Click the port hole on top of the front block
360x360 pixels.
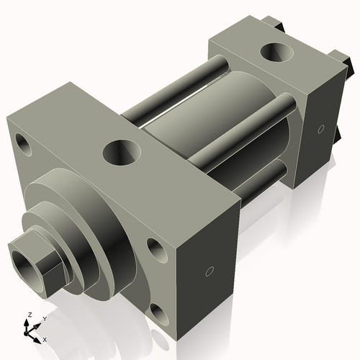[120, 151]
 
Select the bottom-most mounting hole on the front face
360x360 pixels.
[158, 312]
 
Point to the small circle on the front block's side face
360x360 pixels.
[209, 271]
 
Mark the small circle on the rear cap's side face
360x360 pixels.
[319, 130]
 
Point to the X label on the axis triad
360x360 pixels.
[45, 338]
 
